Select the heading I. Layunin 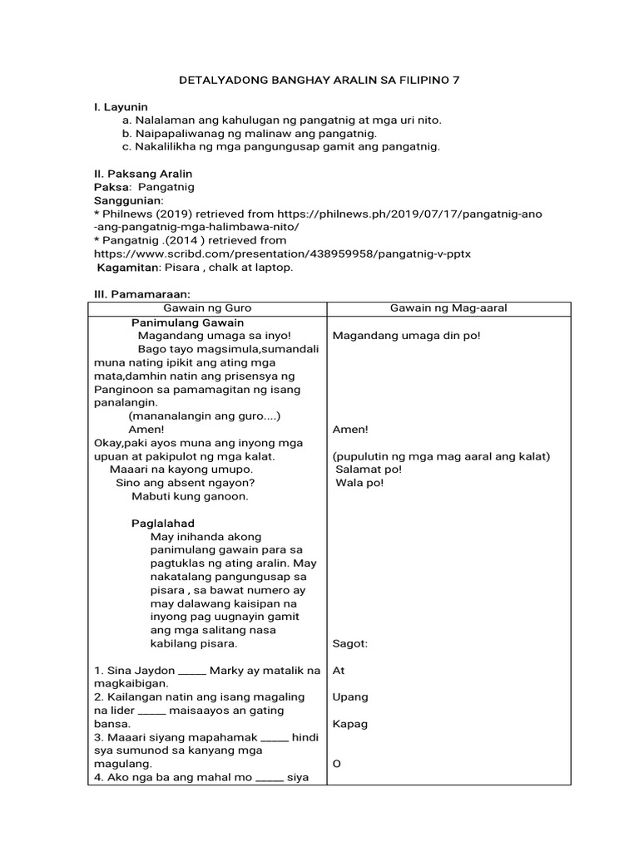120,107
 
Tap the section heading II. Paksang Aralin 142,174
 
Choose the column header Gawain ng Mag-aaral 448,308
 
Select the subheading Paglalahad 163,523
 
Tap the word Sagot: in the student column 349,643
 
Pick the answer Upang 349,696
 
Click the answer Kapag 349,723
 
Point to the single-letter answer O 336,763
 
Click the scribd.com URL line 282,253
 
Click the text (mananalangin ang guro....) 205,416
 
